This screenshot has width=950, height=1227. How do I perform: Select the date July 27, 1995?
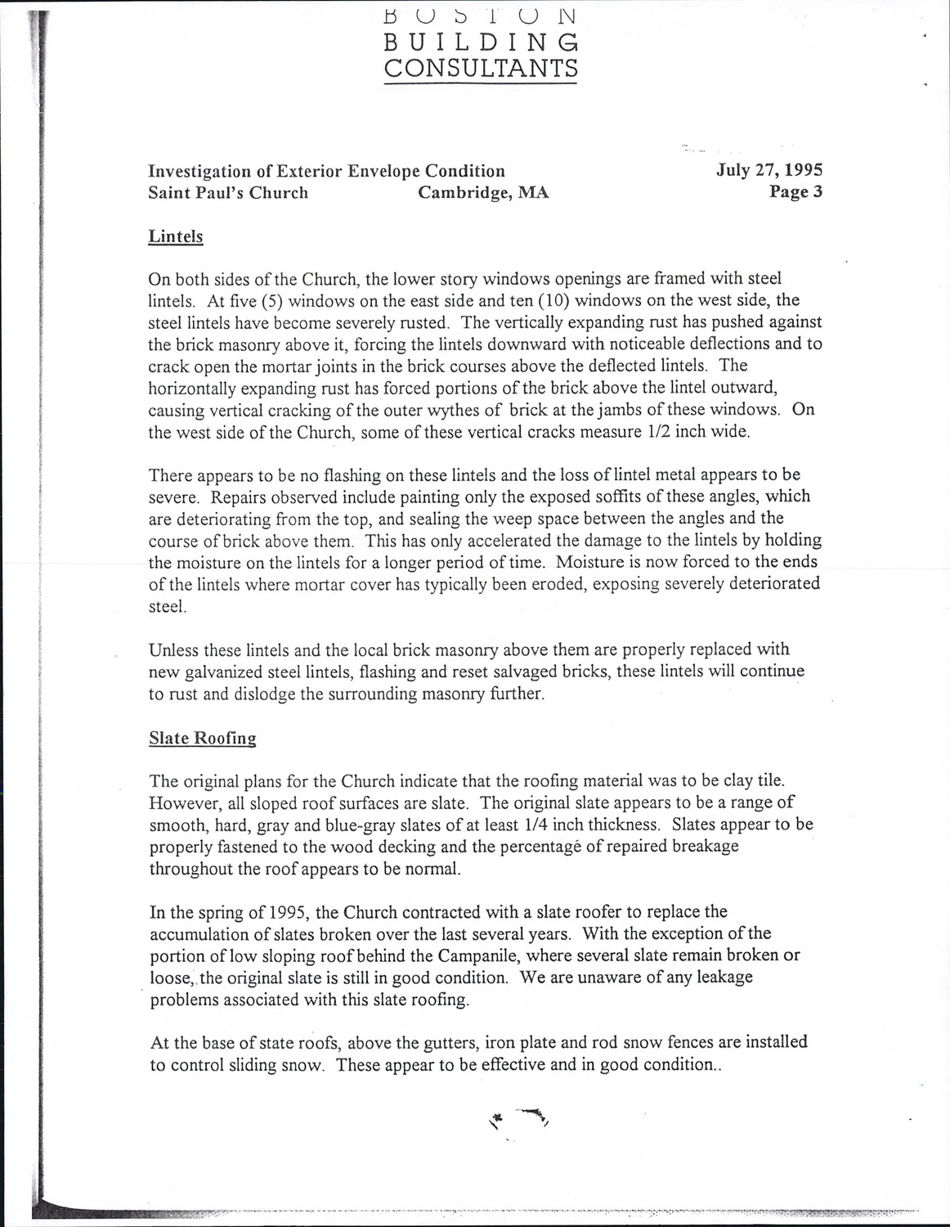pyautogui.click(x=769, y=170)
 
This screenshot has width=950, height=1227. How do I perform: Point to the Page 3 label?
pyautogui.click(x=795, y=192)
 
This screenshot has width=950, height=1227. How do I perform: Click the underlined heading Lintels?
pyautogui.click(x=175, y=236)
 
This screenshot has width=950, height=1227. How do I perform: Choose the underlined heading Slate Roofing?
pyautogui.click(x=202, y=738)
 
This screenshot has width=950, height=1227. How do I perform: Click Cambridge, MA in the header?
pyautogui.click(x=483, y=193)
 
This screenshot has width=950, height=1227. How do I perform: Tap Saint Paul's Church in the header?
pyautogui.click(x=228, y=193)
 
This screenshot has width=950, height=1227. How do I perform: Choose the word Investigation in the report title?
pyautogui.click(x=199, y=171)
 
